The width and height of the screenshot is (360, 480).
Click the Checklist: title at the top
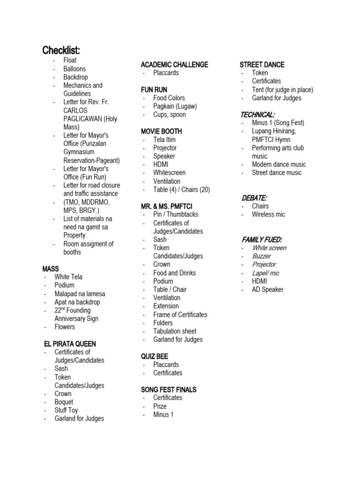click(x=61, y=50)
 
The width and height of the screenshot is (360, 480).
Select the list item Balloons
click(x=75, y=69)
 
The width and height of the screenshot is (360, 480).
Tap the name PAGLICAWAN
click(x=83, y=119)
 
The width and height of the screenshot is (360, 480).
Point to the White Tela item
click(x=68, y=277)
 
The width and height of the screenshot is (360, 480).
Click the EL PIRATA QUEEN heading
click(x=69, y=344)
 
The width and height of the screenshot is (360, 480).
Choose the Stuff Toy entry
click(x=66, y=410)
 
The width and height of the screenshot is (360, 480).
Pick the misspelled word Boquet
click(x=64, y=402)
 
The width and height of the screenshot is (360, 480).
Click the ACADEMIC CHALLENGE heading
click(x=174, y=65)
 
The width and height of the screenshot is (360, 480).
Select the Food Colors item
click(x=169, y=98)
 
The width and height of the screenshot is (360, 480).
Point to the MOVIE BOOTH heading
click(x=161, y=131)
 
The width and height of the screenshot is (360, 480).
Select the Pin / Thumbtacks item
click(x=175, y=214)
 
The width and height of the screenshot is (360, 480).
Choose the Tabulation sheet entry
click(x=174, y=331)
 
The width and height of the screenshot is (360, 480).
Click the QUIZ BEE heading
click(x=154, y=356)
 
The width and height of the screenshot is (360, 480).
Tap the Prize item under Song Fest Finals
click(x=160, y=406)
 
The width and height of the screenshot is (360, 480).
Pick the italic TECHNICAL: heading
click(x=257, y=114)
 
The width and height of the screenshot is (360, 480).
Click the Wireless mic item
click(x=268, y=214)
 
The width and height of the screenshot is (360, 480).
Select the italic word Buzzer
click(x=261, y=256)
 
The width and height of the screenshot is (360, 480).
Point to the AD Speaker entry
click(x=267, y=290)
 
